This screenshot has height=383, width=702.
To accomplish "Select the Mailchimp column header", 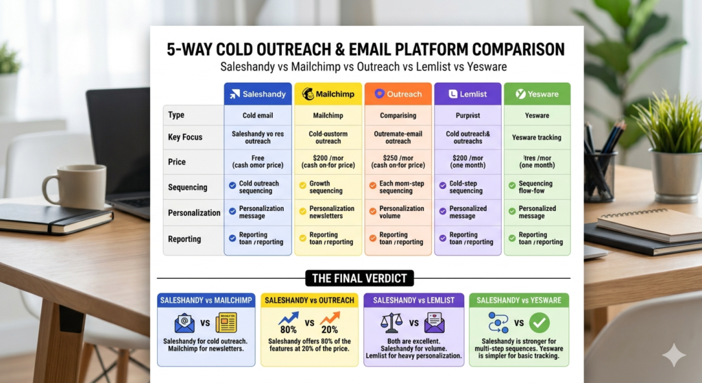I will (328, 94).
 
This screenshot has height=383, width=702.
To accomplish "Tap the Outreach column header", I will (398, 94).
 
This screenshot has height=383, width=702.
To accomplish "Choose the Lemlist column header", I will (468, 94).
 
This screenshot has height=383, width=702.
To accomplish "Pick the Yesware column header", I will (537, 94).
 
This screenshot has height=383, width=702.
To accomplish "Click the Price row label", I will (177, 162).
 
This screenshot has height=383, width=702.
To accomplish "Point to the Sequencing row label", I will (187, 187).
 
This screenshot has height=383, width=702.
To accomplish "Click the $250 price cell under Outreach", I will (398, 162).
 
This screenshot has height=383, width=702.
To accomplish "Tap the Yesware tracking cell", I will (537, 137).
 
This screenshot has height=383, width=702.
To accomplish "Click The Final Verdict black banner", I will (359, 278).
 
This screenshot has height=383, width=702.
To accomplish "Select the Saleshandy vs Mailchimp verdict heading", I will (206, 300).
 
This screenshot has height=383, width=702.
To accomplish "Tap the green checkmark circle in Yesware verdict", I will (540, 323).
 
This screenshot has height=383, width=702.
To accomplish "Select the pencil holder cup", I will (601, 174).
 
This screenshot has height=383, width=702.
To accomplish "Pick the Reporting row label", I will (184, 239).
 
